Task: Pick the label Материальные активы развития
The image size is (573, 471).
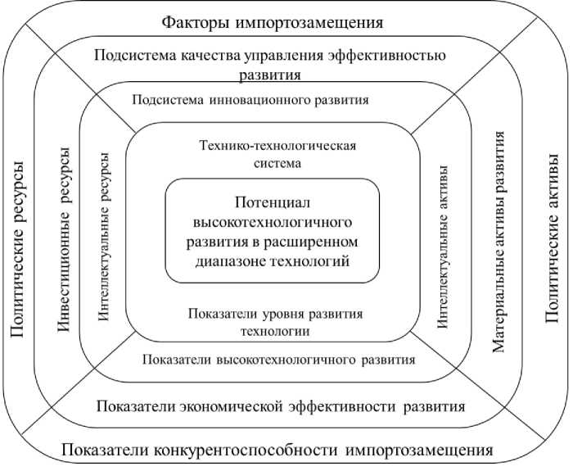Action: pyautogui.click(x=499, y=242)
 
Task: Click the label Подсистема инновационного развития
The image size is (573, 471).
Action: pyautogui.click(x=250, y=100)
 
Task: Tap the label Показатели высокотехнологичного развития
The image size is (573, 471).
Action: pyautogui.click(x=278, y=359)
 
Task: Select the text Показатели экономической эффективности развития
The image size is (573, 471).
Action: pyautogui.click(x=281, y=406)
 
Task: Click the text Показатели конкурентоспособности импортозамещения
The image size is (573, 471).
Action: pyautogui.click(x=277, y=451)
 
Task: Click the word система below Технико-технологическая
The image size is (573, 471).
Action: pyautogui.click(x=278, y=162)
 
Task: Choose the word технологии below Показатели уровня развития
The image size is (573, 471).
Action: pyautogui.click(x=274, y=331)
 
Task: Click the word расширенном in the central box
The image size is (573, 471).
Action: pyautogui.click(x=314, y=242)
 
